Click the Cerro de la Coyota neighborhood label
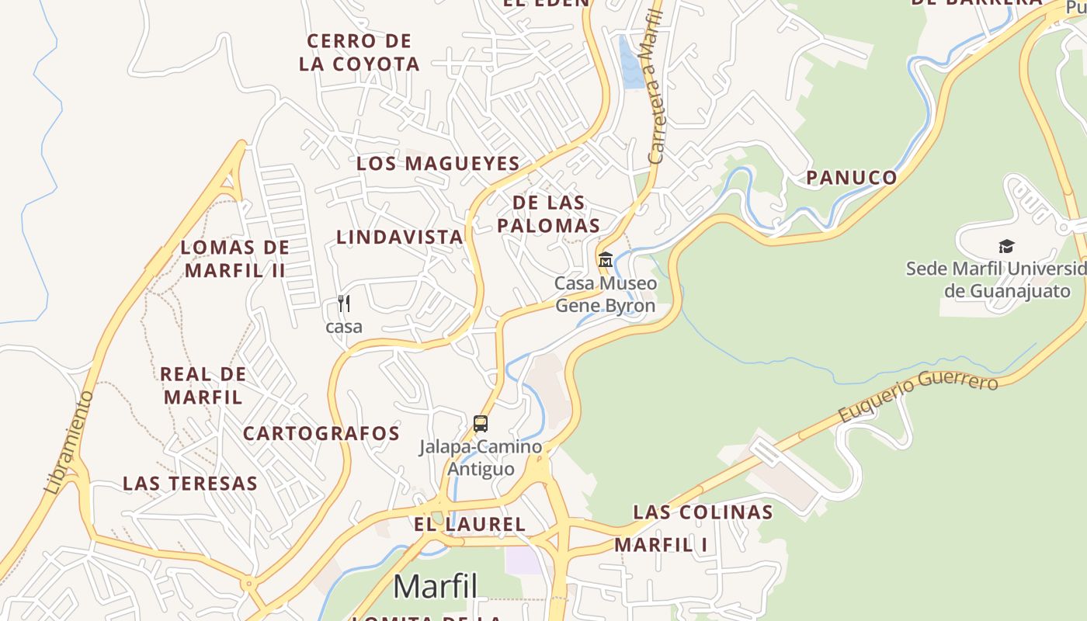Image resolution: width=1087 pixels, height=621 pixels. point(359,52)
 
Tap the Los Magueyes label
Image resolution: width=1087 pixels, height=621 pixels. point(438,164)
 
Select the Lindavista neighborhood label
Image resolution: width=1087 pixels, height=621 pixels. point(399,237)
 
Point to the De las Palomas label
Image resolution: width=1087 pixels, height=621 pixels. point(549,214)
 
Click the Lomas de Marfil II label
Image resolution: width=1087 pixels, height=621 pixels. point(235,259)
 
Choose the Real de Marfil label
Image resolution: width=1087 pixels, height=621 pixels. point(203,385)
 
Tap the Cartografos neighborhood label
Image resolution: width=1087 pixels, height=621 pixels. point(321,433)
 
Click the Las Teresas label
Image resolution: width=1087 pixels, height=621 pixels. point(190,484)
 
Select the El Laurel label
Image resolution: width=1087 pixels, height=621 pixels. point(470,524)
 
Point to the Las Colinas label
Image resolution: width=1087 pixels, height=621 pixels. point(703,512)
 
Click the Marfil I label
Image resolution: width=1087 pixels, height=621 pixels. point(661,545)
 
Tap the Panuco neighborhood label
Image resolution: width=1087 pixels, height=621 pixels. point(851,178)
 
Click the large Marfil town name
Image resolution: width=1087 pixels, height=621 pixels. point(435,587)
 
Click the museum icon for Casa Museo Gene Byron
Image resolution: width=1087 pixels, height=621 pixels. point(605,259)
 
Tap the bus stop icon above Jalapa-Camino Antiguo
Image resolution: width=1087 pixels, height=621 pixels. point(481,424)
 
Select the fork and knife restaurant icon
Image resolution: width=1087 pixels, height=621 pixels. point(344,303)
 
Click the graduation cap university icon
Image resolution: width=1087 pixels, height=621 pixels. point(1006,247)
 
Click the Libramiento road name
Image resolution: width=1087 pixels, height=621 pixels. point(69,442)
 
